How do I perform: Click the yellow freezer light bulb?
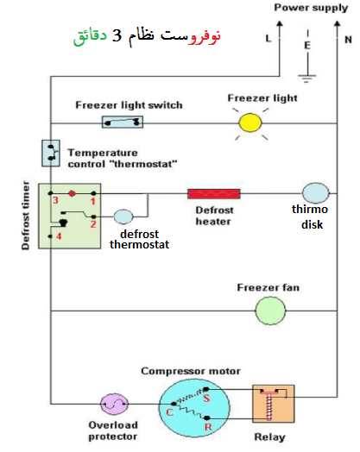[250, 123]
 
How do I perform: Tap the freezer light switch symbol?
[123, 122]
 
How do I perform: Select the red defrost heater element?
[214, 194]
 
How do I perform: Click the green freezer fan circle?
[270, 311]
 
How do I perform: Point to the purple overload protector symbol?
[114, 404]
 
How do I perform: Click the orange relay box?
[274, 404]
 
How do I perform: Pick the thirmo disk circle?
[315, 193]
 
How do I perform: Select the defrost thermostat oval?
[123, 217]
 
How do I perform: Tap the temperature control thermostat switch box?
[51, 154]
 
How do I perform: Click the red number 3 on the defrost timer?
[55, 200]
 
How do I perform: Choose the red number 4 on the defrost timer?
[59, 236]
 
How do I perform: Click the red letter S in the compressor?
[206, 399]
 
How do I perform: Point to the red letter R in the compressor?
[208, 427]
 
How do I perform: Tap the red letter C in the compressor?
[169, 412]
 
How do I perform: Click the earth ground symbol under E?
[307, 78]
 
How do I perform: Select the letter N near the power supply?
[348, 40]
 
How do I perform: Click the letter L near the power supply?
[268, 38]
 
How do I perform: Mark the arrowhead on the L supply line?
[279, 23]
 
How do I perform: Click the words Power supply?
[311, 8]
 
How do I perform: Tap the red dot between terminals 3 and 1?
[73, 193]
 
